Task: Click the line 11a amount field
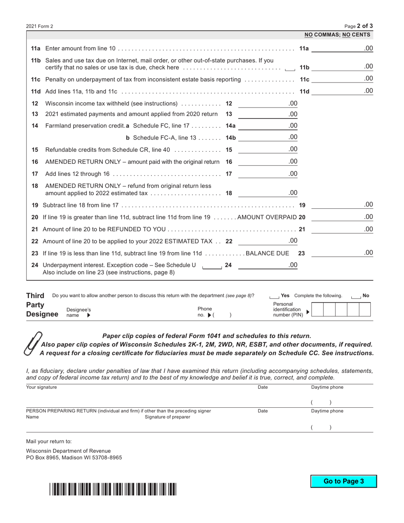coord(338,48)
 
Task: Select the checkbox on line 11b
coord(290,68)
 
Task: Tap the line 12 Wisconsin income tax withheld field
coord(264,103)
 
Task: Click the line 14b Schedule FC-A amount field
coord(264,137)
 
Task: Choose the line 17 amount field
coord(264,173)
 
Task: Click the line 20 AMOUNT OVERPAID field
coord(338,217)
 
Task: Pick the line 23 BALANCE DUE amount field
coord(338,253)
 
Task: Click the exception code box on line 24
coord(212,266)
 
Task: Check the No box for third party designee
coord(356,296)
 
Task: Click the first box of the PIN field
coord(317,310)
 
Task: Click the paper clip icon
coord(34,343)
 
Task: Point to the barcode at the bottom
coord(113,489)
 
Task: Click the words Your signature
coord(41,387)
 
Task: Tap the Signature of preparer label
coord(168,417)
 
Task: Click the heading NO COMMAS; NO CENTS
coord(337,35)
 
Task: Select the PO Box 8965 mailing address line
coord(74,458)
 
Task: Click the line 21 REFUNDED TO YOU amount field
coord(338,230)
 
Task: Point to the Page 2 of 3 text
coord(358,26)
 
